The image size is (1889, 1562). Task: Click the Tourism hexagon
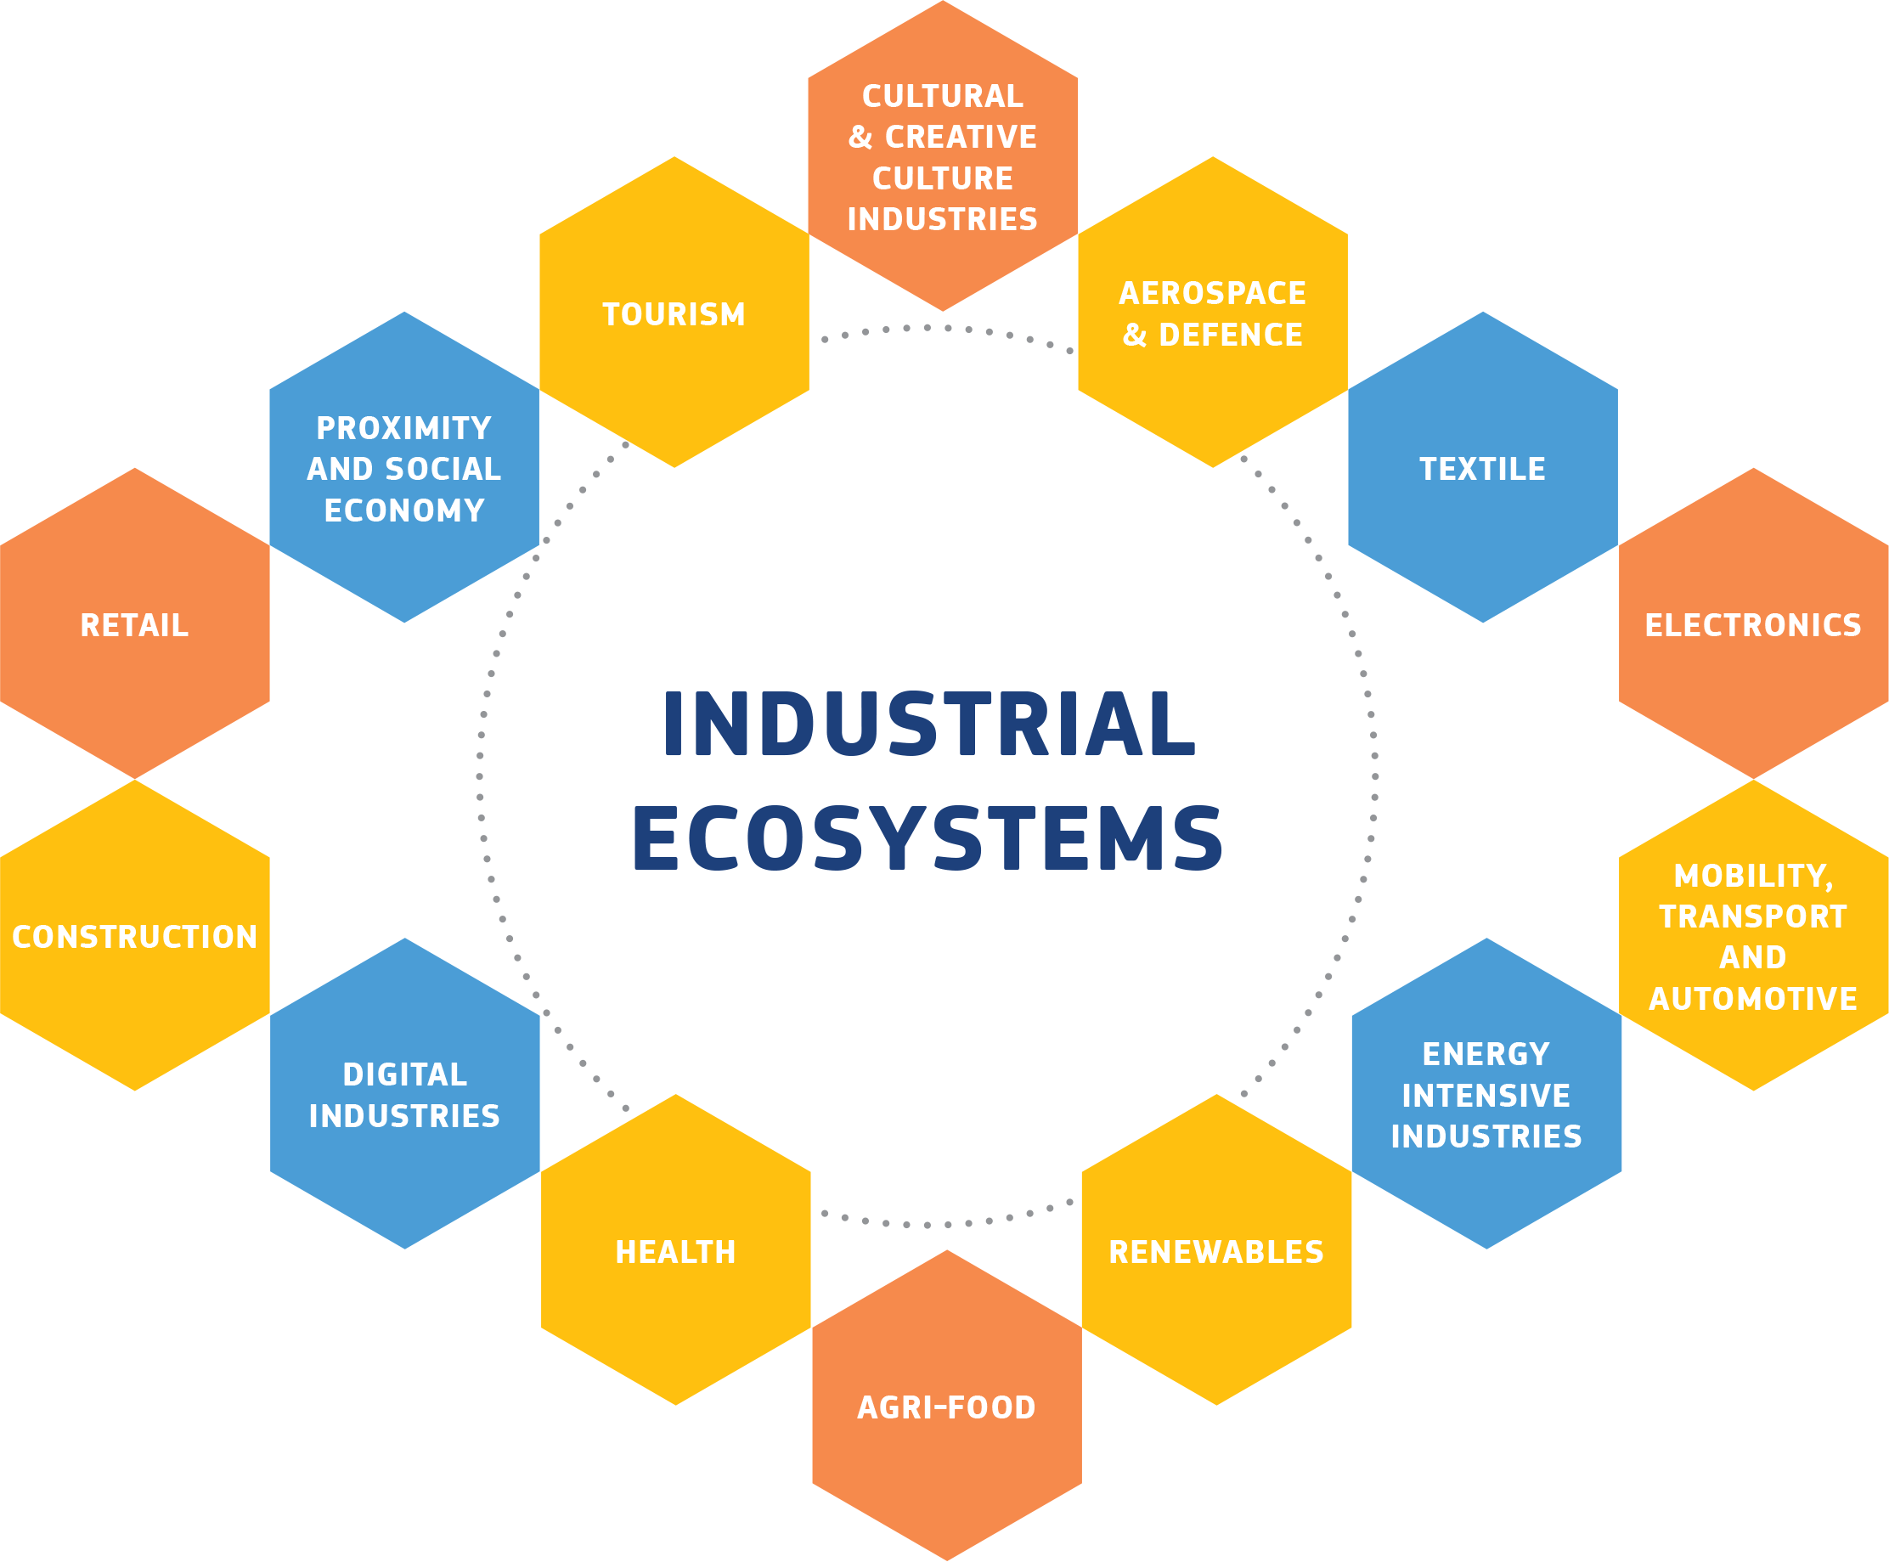point(674,313)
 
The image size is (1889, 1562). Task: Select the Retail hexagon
point(135,623)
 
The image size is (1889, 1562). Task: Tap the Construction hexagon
point(135,936)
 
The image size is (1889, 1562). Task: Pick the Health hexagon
point(675,1250)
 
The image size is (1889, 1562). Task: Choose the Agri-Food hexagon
point(946,1407)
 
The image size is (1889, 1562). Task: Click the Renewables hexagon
point(1216,1250)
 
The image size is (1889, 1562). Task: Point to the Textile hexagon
point(1482,468)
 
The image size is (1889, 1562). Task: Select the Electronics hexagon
point(1753,623)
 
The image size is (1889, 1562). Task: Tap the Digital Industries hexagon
point(405,1094)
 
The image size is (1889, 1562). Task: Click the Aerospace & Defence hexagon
point(1213,313)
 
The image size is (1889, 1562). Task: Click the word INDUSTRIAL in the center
point(930,725)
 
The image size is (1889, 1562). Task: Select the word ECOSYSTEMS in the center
point(928,837)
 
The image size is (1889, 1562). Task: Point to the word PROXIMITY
point(404,427)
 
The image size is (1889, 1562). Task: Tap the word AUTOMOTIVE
point(1753,998)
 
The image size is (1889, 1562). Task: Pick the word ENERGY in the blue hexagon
point(1486,1053)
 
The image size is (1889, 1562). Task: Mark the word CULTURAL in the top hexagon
point(943,95)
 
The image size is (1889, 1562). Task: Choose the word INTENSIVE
point(1486,1095)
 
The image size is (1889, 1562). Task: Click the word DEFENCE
point(1231,335)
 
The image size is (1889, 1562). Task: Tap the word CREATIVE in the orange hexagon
point(961,137)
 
